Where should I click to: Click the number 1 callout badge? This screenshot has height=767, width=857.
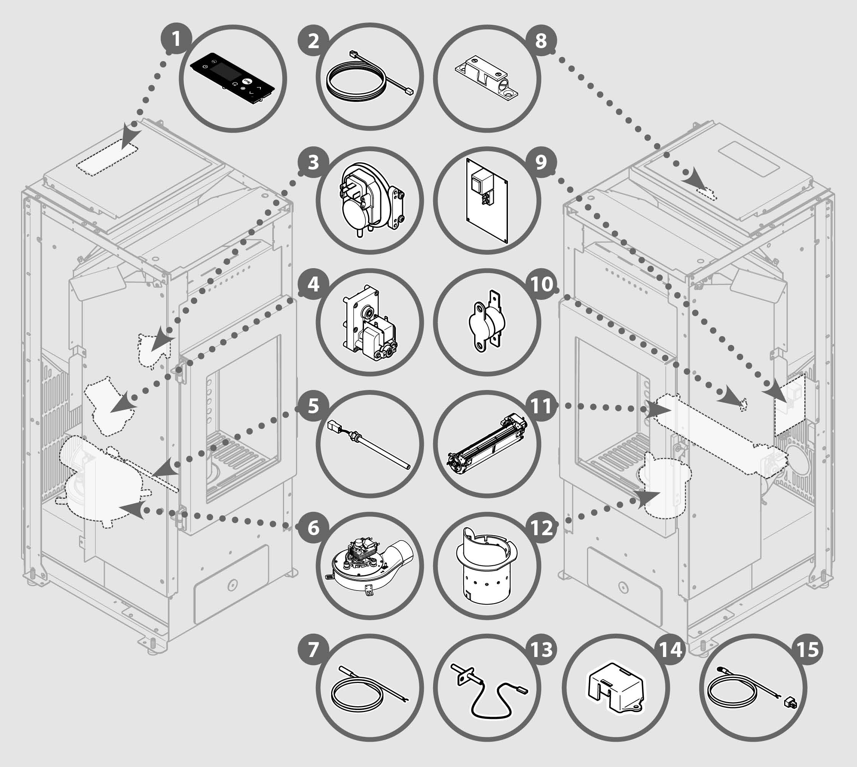(176, 40)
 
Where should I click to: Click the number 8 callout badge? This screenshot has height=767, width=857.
(540, 41)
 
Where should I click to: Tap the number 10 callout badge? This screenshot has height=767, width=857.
(542, 284)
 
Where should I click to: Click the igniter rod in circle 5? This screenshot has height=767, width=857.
(369, 445)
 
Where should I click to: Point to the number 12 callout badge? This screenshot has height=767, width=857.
(542, 527)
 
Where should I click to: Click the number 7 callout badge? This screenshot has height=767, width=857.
(313, 650)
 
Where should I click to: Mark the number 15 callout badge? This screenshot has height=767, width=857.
(808, 650)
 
